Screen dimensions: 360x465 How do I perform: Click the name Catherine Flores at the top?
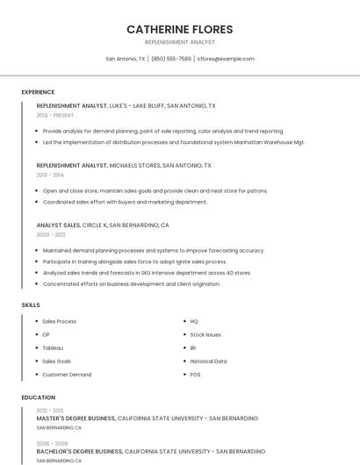click(x=179, y=29)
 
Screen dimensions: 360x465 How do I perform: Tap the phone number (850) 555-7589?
click(x=170, y=59)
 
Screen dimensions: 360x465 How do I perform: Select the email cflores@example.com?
click(x=226, y=59)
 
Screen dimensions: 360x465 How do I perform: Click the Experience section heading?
click(x=38, y=92)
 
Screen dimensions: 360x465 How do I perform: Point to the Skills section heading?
click(x=31, y=304)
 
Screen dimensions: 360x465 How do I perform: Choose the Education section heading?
click(x=38, y=397)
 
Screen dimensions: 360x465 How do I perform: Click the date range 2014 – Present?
click(x=55, y=115)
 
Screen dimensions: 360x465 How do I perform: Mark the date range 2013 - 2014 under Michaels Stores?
click(x=50, y=175)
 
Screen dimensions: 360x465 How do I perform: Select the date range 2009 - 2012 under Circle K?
click(x=51, y=234)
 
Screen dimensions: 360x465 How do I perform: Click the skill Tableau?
click(x=53, y=347)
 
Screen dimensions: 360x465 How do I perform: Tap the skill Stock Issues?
click(x=205, y=334)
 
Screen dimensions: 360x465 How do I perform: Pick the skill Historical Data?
click(x=208, y=361)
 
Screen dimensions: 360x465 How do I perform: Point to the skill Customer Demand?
click(x=67, y=375)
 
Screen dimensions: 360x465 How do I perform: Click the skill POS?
click(x=195, y=375)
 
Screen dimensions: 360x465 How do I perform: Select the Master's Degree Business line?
click(x=147, y=418)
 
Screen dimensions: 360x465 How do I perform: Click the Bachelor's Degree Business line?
click(x=149, y=451)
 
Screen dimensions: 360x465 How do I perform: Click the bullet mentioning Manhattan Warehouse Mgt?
click(x=173, y=141)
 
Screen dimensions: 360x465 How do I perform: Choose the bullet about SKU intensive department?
click(x=147, y=272)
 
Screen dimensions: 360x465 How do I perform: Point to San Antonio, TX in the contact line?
click(x=126, y=59)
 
